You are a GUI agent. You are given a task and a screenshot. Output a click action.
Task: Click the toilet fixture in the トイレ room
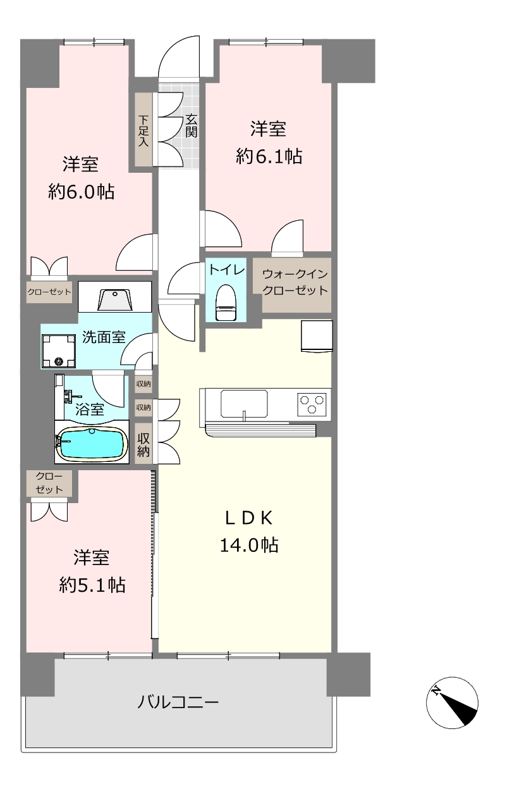click(226, 303)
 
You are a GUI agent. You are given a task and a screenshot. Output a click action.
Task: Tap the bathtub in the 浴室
click(92, 444)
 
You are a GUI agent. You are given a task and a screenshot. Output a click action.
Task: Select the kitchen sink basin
click(244, 404)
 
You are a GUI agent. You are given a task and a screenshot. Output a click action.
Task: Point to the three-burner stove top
click(312, 404)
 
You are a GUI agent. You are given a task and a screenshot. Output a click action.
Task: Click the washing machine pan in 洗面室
click(59, 350)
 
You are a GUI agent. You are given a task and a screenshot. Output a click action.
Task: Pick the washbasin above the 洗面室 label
click(115, 300)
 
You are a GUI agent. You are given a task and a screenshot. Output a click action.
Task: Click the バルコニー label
click(178, 702)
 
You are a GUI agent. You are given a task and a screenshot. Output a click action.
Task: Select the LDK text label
click(249, 518)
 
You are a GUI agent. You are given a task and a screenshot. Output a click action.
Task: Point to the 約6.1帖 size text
click(269, 156)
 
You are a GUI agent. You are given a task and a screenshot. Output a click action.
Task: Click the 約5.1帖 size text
click(92, 585)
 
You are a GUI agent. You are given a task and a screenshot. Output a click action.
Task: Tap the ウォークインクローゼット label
click(295, 283)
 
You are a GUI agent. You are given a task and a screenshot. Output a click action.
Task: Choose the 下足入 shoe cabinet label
click(143, 130)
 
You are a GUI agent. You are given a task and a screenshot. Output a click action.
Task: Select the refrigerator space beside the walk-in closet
click(317, 336)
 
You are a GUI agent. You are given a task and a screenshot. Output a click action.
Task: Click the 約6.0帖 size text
click(82, 192)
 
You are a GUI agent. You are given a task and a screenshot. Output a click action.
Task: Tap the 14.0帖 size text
click(249, 546)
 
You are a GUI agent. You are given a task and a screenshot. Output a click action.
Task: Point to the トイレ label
click(227, 270)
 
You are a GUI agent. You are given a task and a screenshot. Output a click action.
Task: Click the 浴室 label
click(90, 409)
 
